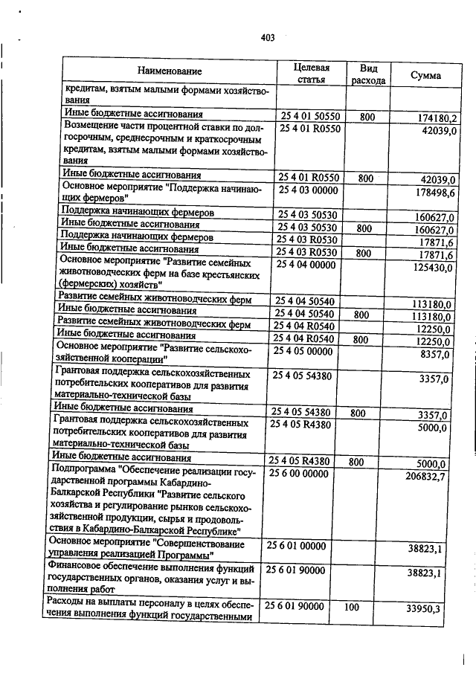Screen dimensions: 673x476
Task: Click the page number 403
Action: [x=268, y=39]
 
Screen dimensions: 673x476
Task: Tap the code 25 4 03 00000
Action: [x=309, y=190]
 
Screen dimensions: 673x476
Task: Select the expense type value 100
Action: [x=351, y=607]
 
